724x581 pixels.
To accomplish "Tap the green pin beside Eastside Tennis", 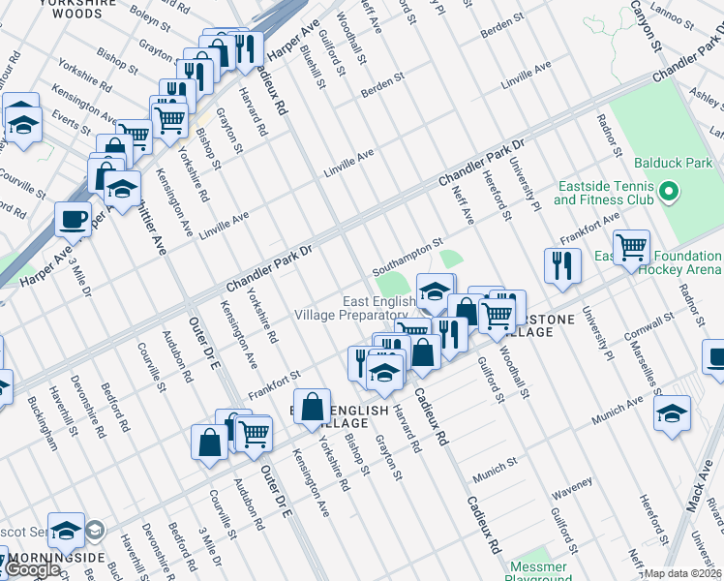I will [666, 194].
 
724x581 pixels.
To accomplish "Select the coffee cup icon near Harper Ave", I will [73, 220].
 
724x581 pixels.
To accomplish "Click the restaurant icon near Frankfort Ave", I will [562, 264].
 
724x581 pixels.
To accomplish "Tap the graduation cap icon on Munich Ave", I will [673, 413].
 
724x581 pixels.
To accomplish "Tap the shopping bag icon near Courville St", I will [210, 443].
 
